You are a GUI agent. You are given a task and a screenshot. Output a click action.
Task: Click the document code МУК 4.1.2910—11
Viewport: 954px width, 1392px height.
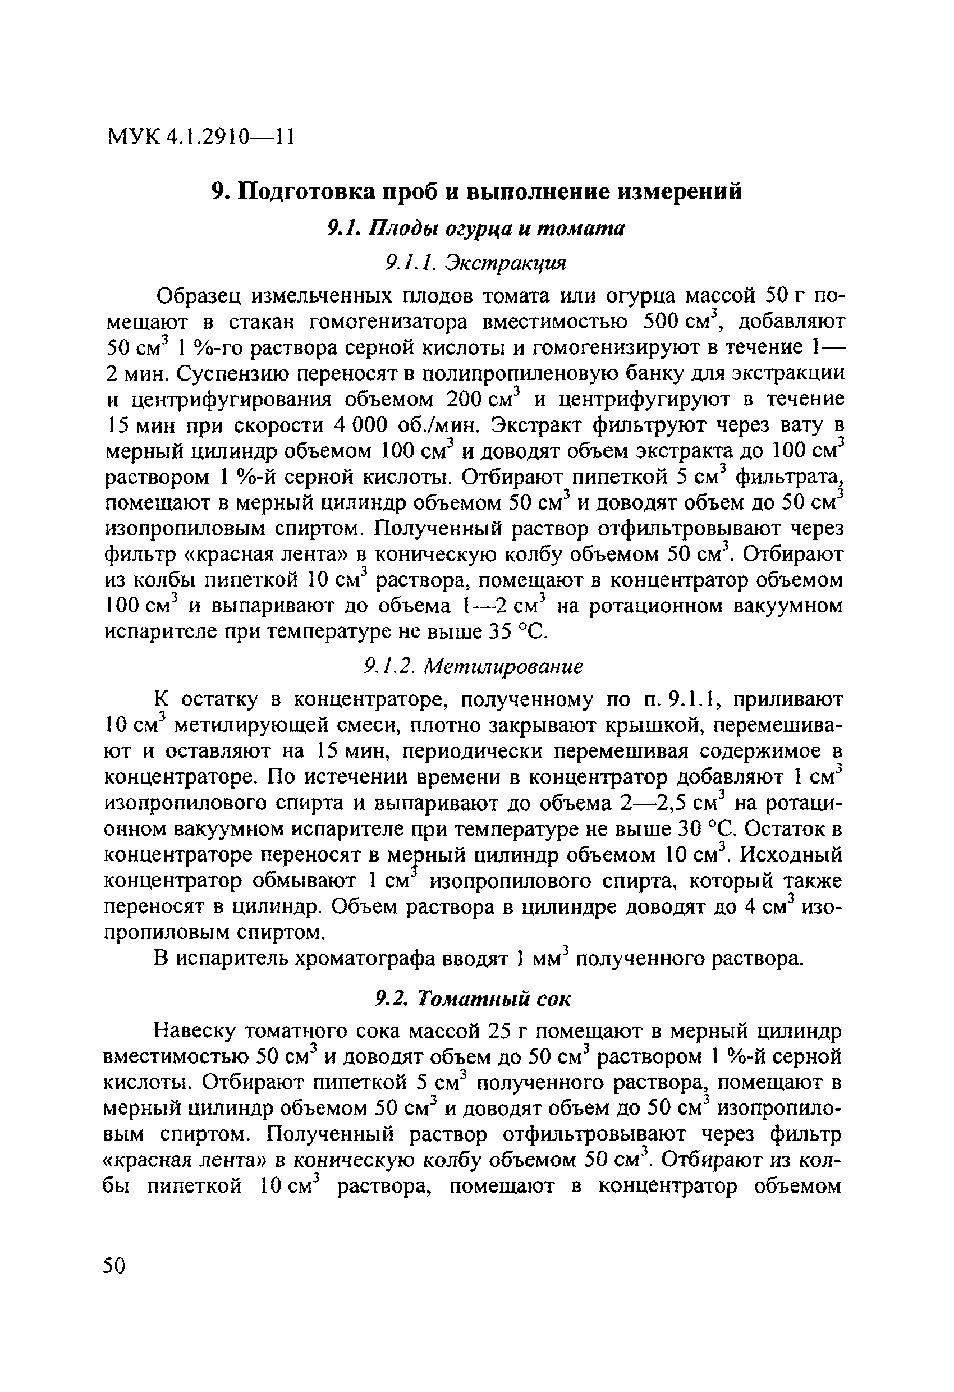tap(201, 138)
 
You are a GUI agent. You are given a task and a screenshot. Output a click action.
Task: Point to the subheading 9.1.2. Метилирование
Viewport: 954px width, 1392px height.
tap(473, 667)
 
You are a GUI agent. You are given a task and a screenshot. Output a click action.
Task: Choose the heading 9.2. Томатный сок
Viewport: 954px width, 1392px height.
tap(473, 999)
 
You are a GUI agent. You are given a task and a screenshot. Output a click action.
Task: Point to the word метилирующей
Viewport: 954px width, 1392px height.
tap(250, 726)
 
